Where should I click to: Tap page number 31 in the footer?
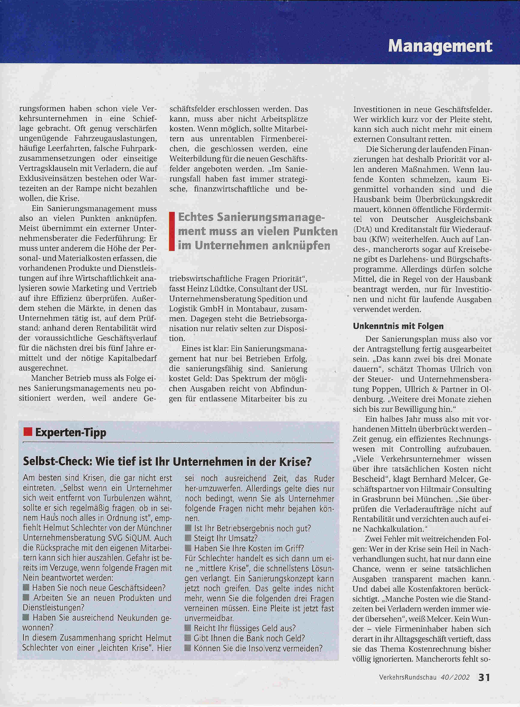point(484,677)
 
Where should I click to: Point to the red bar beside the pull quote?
point(172,231)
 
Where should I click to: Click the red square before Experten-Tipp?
point(28,432)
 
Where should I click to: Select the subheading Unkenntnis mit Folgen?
point(398,326)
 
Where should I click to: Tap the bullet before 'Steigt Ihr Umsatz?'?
point(188,538)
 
